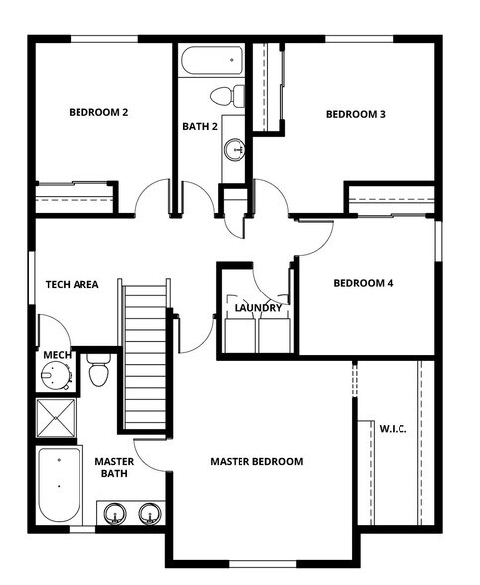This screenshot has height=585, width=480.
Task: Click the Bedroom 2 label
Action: point(98,112)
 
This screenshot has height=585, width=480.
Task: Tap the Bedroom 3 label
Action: point(356,114)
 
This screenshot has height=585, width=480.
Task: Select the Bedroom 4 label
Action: point(363,283)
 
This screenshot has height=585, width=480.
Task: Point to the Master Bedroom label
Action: point(256,461)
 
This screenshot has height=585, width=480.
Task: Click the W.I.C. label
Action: point(394,428)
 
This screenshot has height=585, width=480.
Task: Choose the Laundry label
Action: point(258,308)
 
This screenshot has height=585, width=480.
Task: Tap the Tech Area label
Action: point(72,284)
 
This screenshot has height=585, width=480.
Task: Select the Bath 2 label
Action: point(200,126)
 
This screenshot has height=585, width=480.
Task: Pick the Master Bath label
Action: point(115,468)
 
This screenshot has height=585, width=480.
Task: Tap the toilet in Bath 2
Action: point(228,97)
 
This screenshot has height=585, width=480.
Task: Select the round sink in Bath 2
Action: point(235,150)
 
